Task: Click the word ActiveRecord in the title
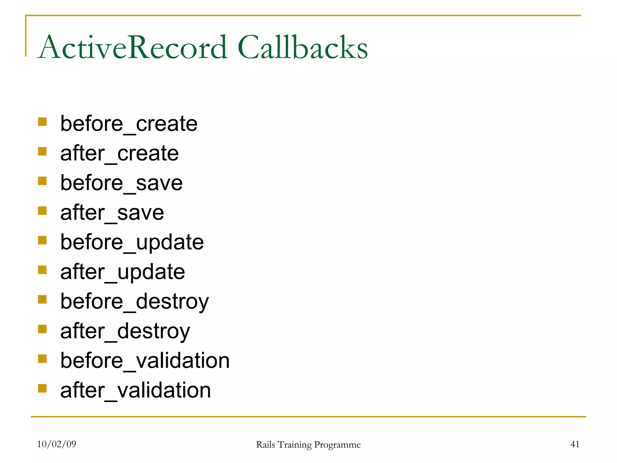pyautogui.click(x=133, y=47)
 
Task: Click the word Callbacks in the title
pyautogui.click(x=302, y=47)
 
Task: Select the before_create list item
pyautogui.click(x=129, y=124)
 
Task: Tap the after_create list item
pyautogui.click(x=119, y=153)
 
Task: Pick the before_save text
pyautogui.click(x=121, y=183)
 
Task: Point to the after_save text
pyautogui.click(x=112, y=213)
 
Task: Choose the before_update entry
pyautogui.click(x=132, y=242)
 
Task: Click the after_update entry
pyautogui.click(x=123, y=272)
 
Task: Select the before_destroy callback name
pyautogui.click(x=134, y=301)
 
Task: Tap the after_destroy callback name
pyautogui.click(x=125, y=331)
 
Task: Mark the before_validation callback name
pyautogui.click(x=145, y=361)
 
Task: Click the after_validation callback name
pyautogui.click(x=136, y=390)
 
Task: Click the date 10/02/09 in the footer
pyautogui.click(x=57, y=444)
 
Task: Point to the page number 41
pyautogui.click(x=575, y=444)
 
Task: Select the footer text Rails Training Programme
pyautogui.click(x=308, y=445)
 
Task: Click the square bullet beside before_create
pyautogui.click(x=42, y=122)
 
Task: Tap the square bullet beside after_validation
pyautogui.click(x=42, y=388)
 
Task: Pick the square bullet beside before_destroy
pyautogui.click(x=42, y=299)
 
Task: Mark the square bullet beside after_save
pyautogui.click(x=42, y=211)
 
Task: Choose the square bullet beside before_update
pyautogui.click(x=42, y=240)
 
